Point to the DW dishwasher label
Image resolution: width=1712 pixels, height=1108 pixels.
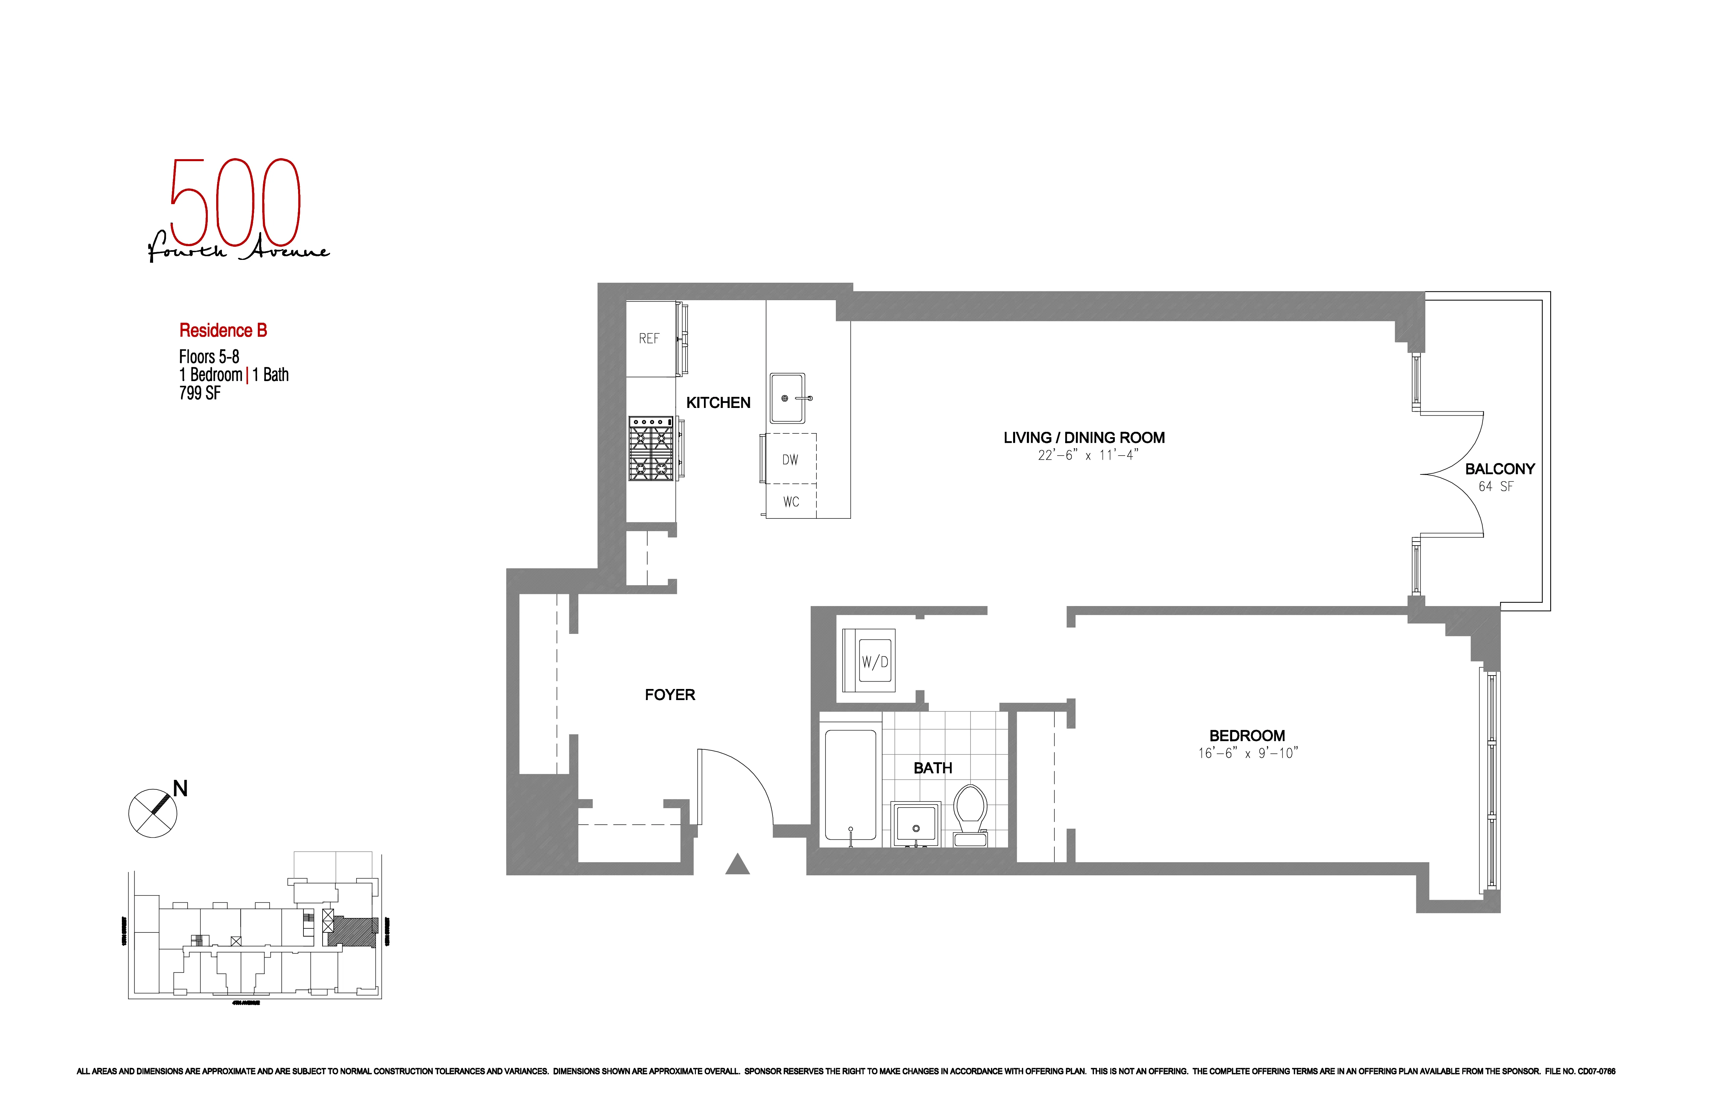coord(790,460)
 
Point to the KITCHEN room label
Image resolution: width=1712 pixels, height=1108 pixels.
coord(718,403)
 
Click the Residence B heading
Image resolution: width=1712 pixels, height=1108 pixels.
coord(223,330)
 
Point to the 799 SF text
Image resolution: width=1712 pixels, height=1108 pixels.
coord(200,393)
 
